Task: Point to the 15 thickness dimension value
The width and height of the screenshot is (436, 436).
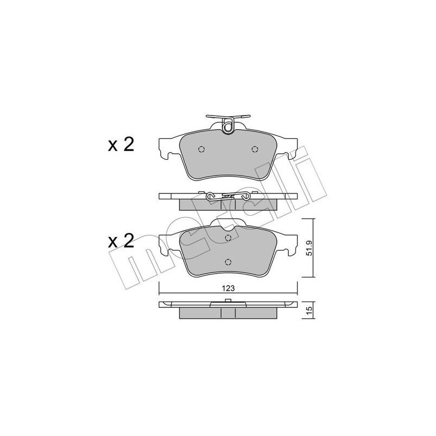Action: click(x=309, y=310)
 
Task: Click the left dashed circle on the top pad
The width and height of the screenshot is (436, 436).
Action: click(x=201, y=150)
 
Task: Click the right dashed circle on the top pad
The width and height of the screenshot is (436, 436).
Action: click(x=254, y=150)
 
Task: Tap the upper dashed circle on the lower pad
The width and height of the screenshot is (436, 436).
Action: click(x=228, y=238)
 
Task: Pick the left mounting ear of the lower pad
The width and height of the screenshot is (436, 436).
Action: click(x=165, y=244)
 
